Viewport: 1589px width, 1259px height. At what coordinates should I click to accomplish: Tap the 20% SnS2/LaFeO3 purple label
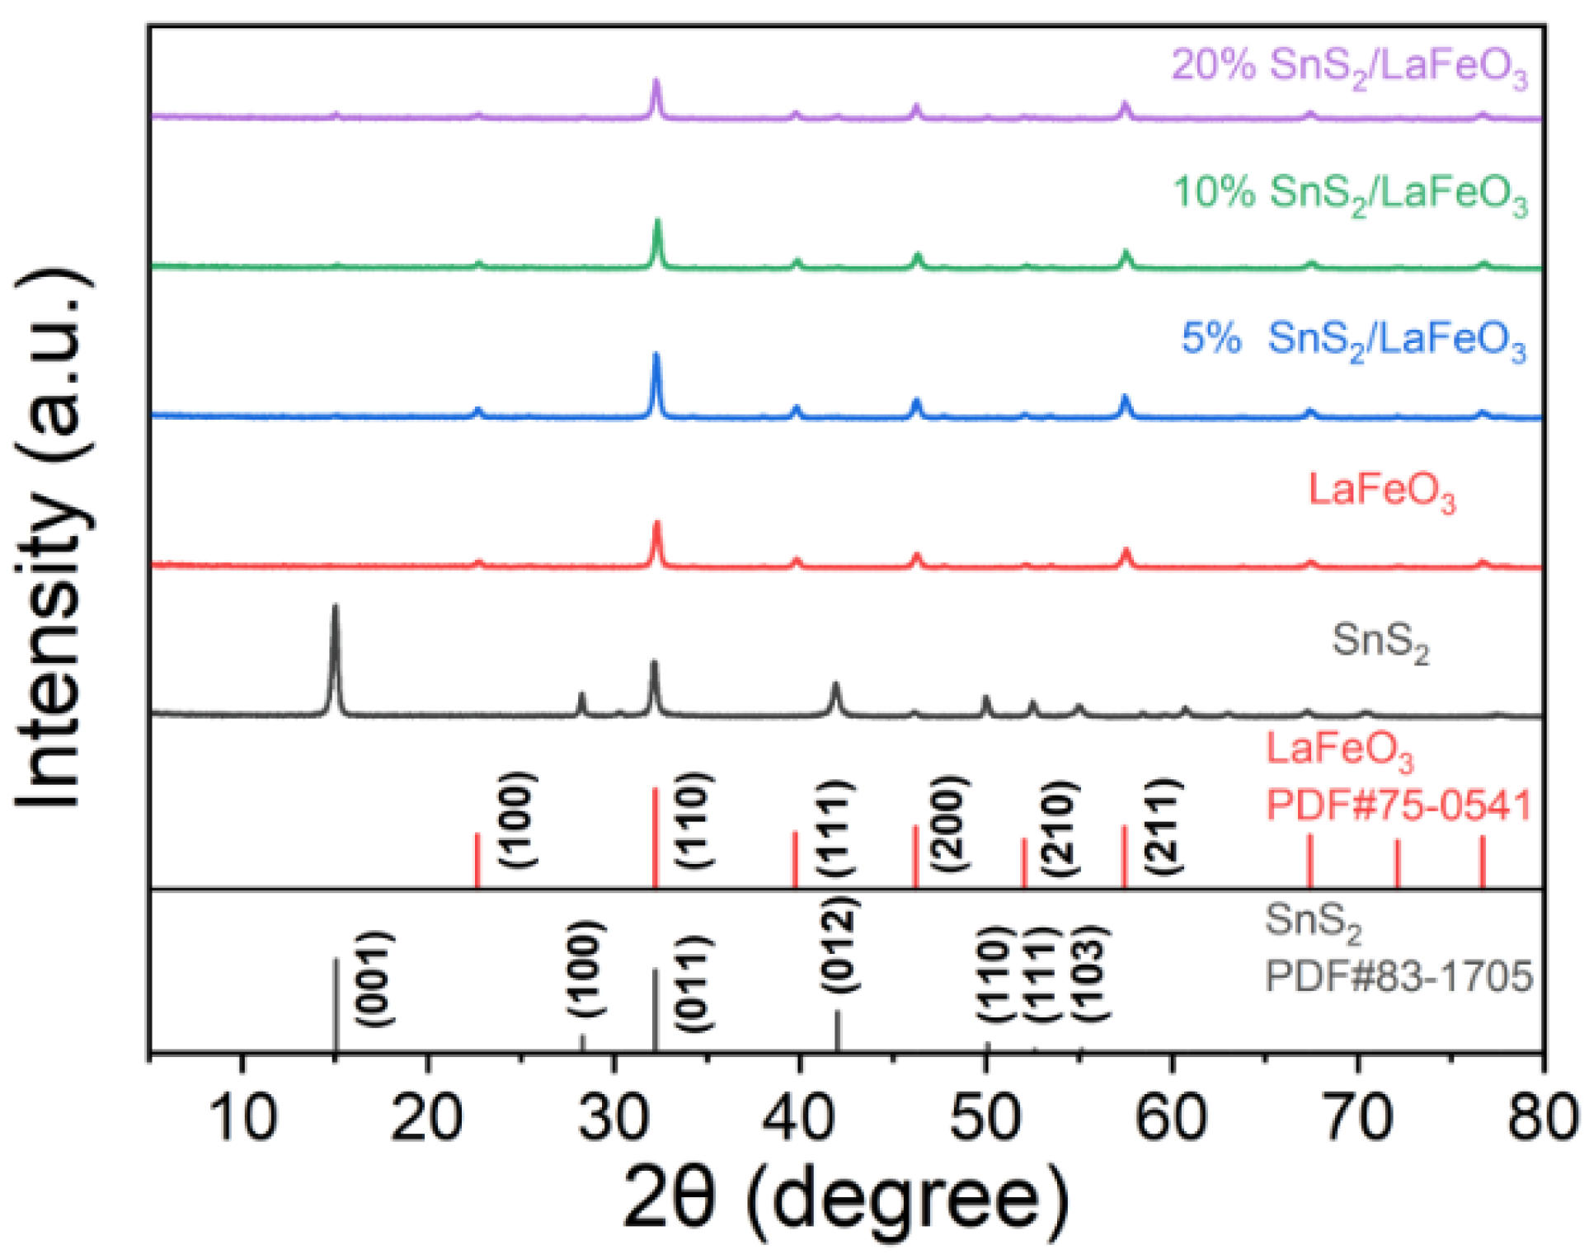[1349, 66]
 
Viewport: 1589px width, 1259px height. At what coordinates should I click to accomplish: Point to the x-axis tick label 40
[797, 1118]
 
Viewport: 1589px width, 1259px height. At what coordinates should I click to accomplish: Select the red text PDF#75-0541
[1399, 805]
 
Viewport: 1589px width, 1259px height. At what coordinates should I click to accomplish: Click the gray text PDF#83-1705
[1399, 976]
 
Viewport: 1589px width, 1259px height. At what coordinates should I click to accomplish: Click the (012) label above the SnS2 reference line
[839, 945]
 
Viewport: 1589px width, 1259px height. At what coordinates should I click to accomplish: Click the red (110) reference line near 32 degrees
[656, 837]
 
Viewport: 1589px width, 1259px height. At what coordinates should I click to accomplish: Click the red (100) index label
[518, 820]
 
